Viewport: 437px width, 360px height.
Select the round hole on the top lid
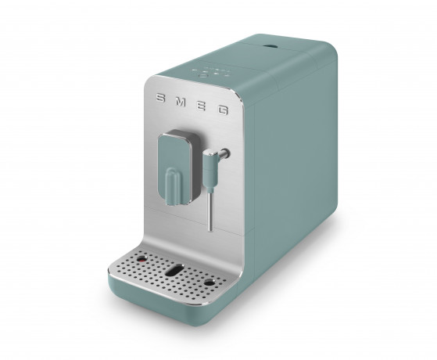(274, 49)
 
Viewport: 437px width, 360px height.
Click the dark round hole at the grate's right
(209, 282)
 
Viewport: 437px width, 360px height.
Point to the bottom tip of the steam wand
(210, 229)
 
